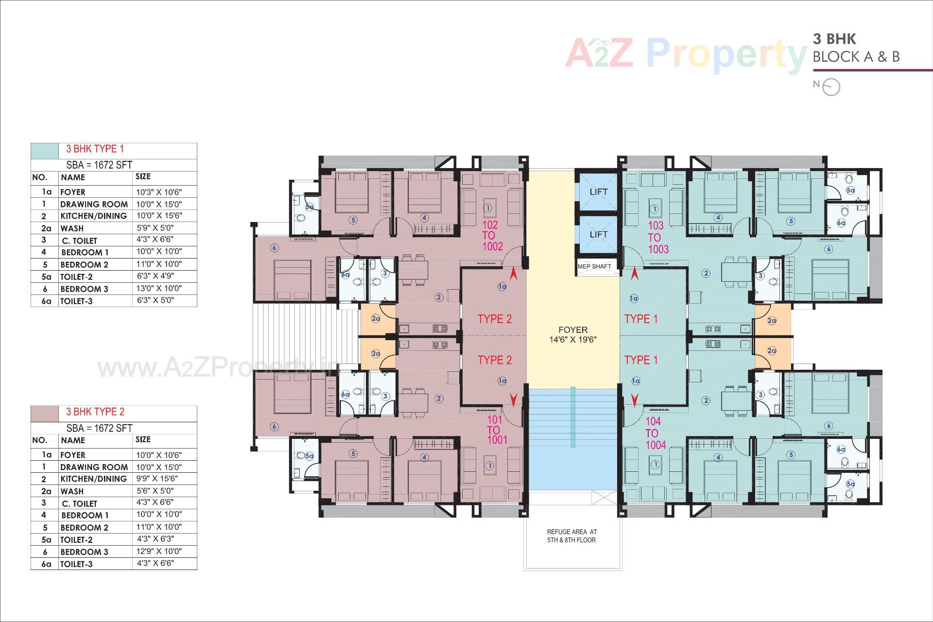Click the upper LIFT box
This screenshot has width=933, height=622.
pos(598,191)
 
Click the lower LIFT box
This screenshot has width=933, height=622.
pos(598,234)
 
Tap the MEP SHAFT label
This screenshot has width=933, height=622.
pos(594,266)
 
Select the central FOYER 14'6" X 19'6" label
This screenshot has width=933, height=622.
pos(573,335)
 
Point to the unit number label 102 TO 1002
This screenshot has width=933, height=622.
pos(492,236)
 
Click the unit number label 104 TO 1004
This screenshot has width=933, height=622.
pos(655,433)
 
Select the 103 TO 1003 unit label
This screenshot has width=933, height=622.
pos(658,237)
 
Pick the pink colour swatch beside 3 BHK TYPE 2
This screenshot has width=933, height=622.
pos(45,413)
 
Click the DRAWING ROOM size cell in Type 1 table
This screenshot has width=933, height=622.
pos(158,204)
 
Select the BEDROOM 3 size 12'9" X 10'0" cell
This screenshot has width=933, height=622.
pos(159,551)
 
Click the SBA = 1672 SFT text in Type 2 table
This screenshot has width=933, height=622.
pos(99,428)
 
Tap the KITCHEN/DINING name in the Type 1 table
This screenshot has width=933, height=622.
pos(93,216)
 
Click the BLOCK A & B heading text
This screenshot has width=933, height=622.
pos(856,57)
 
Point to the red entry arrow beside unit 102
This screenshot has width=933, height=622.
pos(513,276)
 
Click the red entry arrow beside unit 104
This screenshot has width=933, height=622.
pos(634,399)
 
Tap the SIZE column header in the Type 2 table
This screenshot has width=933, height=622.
pos(143,439)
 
